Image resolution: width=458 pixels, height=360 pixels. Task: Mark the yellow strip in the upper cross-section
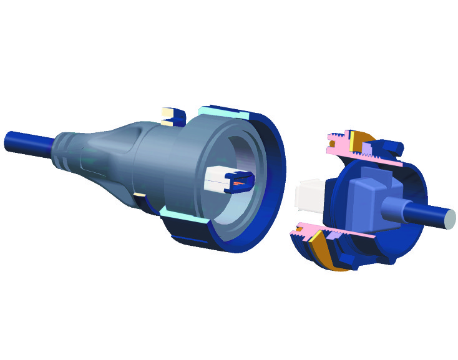(353, 142)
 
